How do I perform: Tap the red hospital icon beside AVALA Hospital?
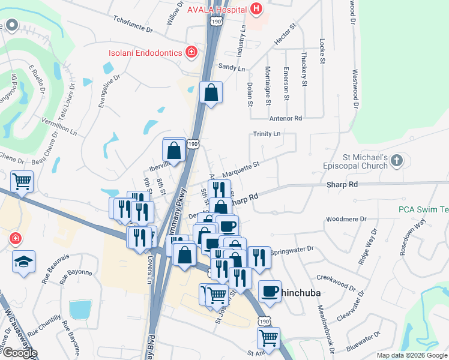coord(257,8)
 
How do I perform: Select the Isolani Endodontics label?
coord(145,53)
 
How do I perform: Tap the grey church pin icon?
coord(396,160)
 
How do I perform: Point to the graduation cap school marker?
coord(24,262)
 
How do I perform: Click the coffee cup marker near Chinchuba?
coord(270,291)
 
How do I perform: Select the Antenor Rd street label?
coord(286,119)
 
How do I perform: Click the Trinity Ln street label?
coord(267,133)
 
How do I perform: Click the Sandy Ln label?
coord(232,68)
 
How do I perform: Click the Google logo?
coord(19,353)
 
